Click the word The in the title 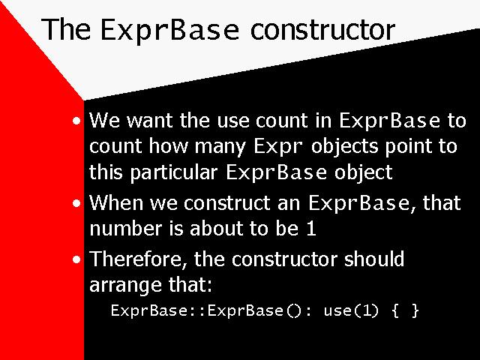pos(66,29)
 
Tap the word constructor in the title pos(323,30)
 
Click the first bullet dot pos(76,121)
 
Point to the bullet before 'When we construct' pos(76,203)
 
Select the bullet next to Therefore pos(76,260)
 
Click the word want pos(150,120)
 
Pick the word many pos(220,147)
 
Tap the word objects pos(345,146)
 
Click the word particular pos(174,172)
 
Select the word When pos(116,202)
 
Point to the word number pos(126,228)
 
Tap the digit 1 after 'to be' pos(311,229)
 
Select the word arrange pos(125,286)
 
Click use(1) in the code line pos(351,310)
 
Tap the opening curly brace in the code pos(395,310)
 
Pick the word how pos(168,145)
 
